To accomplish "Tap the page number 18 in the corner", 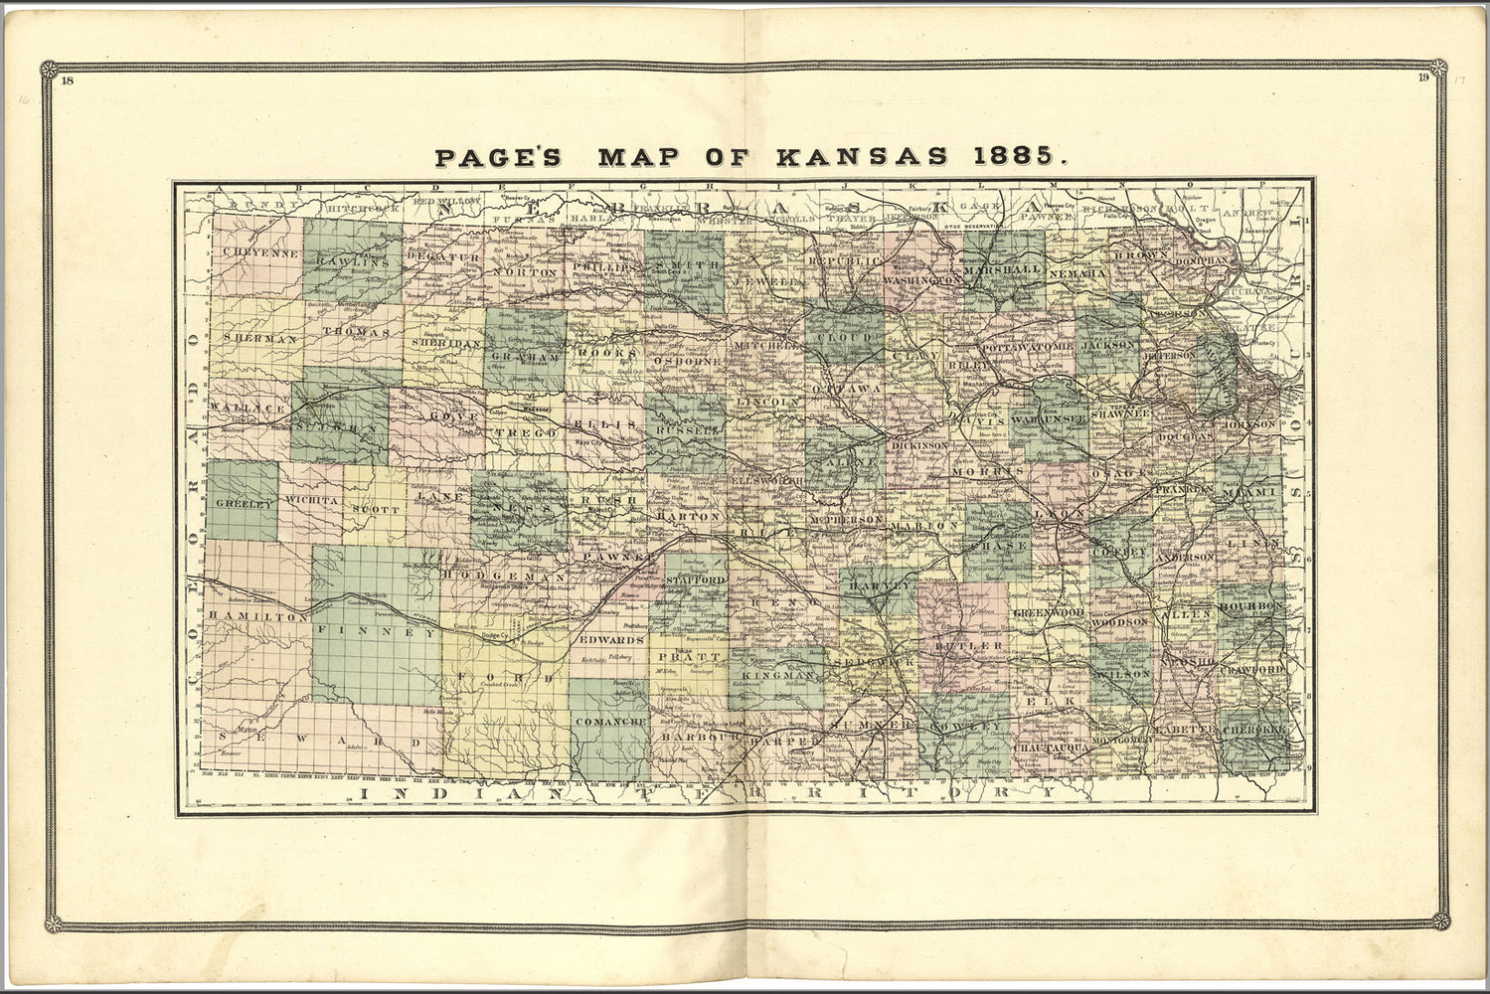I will [67, 82].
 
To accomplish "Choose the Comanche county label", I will [611, 720].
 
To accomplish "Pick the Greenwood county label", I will [1049, 613].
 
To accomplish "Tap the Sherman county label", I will [260, 339].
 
